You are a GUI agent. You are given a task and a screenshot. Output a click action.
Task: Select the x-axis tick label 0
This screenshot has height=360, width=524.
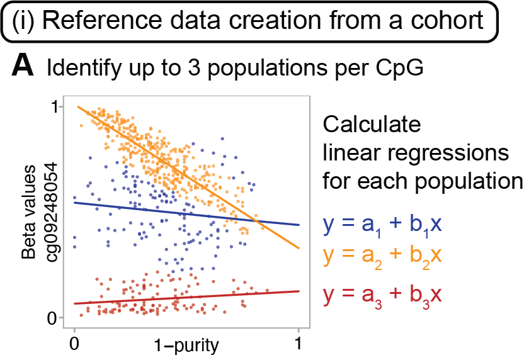tap(74, 345)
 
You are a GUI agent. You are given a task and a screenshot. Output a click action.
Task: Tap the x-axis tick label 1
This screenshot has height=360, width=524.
tap(298, 345)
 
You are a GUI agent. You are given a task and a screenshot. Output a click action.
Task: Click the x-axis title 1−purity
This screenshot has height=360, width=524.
tap(186, 346)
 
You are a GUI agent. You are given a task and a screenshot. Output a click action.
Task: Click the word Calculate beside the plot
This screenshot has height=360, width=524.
tap(371, 124)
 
